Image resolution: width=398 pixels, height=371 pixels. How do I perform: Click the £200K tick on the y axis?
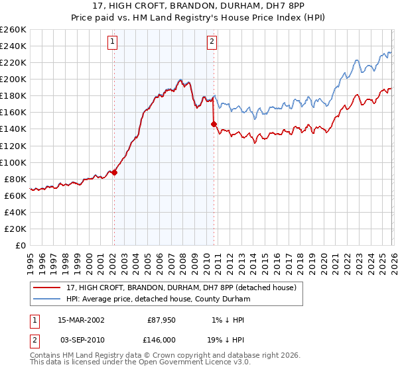(x=14, y=79)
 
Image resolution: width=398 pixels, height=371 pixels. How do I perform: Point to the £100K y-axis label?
(x=14, y=162)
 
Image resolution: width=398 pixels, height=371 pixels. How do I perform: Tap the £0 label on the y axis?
(x=21, y=245)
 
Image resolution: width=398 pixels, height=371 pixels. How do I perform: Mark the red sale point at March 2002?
(x=114, y=172)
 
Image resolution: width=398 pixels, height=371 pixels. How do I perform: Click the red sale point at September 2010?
(x=214, y=124)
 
